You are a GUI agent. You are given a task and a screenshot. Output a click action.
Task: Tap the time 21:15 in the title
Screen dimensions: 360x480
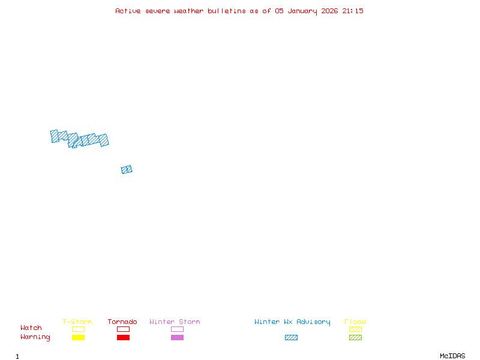click(353, 11)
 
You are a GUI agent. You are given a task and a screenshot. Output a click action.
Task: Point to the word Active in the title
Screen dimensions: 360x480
click(128, 11)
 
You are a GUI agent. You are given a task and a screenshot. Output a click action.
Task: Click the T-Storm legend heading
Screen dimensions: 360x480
click(77, 322)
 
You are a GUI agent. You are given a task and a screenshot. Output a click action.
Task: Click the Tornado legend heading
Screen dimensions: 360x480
click(122, 322)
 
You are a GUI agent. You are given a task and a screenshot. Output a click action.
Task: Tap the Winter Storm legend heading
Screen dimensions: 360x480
click(175, 322)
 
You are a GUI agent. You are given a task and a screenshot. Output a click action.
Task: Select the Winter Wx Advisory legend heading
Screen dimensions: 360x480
click(292, 322)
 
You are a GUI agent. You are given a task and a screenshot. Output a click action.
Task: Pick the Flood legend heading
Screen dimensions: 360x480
click(355, 322)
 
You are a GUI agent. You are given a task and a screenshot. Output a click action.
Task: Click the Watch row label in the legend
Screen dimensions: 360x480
click(31, 328)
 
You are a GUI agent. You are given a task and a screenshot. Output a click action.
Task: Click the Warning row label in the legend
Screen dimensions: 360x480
click(35, 337)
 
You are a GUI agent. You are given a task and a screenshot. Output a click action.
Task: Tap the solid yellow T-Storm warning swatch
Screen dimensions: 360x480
click(78, 338)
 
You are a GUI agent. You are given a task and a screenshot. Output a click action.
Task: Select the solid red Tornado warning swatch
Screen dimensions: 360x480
click(123, 338)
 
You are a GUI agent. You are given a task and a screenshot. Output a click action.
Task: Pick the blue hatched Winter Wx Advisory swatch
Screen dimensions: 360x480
click(291, 338)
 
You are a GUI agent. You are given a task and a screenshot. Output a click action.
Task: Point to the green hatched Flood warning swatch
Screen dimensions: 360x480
click(355, 338)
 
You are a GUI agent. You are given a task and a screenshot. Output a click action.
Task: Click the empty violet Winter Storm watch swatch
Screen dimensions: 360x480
click(177, 329)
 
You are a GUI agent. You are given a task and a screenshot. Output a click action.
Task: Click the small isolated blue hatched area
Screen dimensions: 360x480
click(127, 170)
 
